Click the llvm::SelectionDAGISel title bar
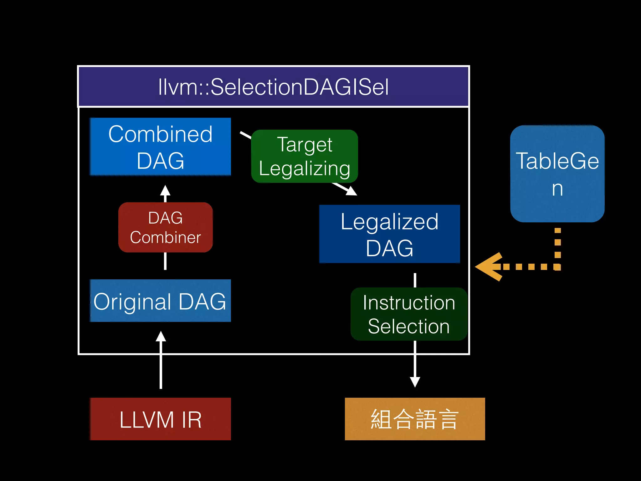coord(273,87)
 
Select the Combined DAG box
coord(160,147)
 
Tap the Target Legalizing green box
coord(304,156)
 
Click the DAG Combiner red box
coord(165,227)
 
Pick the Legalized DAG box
coord(389,234)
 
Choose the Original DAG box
coord(160,301)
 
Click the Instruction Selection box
coord(409,314)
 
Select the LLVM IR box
coord(160,419)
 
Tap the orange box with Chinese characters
coord(415,419)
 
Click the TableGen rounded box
coord(557,174)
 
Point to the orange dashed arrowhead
coord(488,267)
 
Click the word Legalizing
coord(304,168)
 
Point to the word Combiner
coord(165,237)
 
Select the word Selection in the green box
coord(409,326)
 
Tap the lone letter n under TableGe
coord(557,189)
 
